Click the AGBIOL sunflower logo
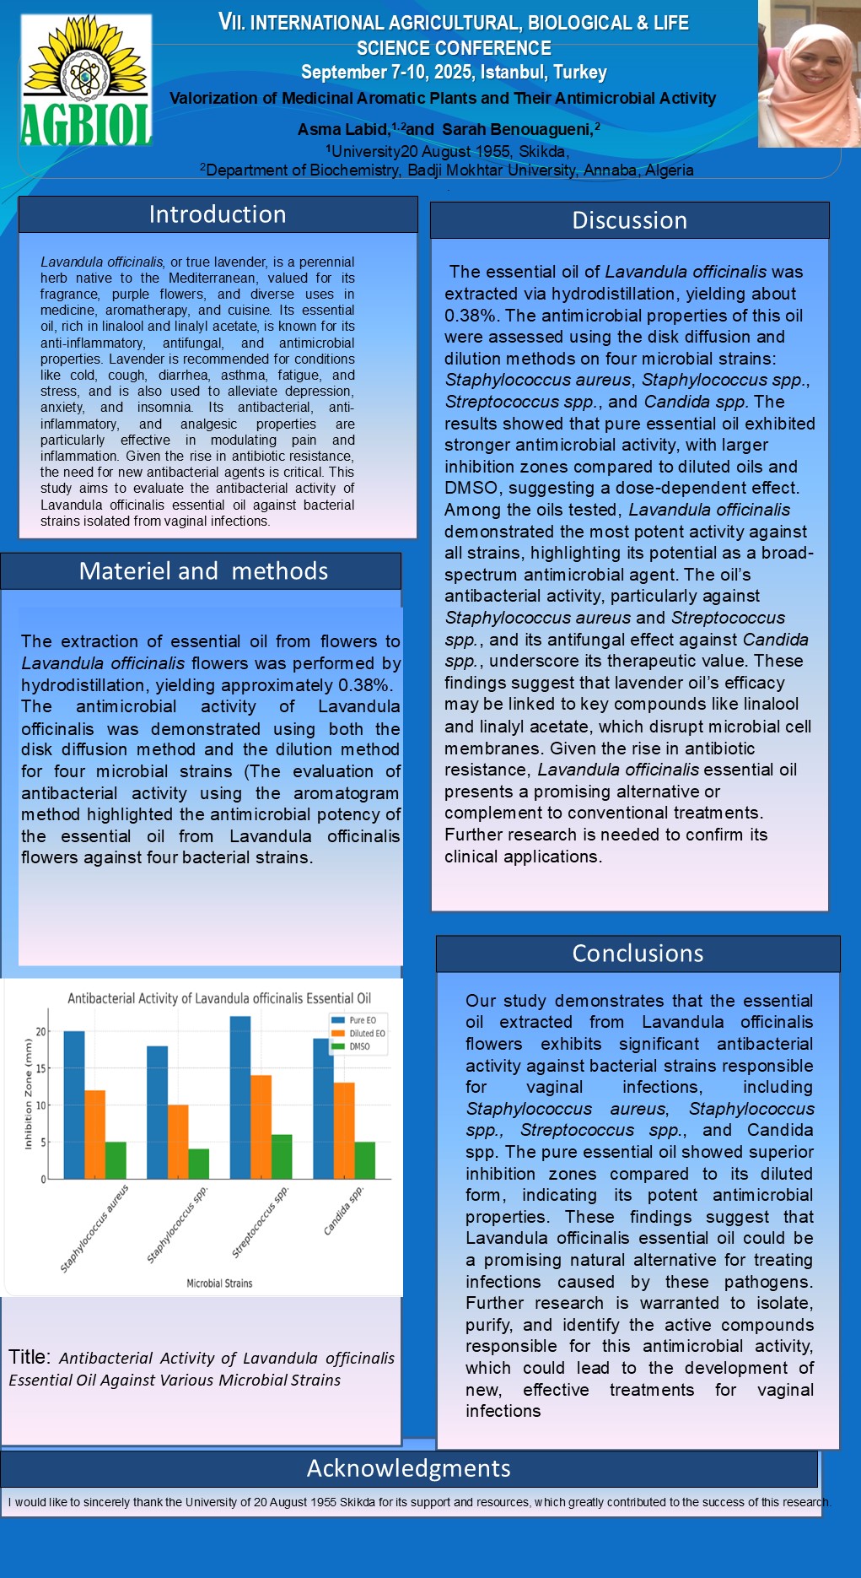coord(86,81)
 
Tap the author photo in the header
coord(809,74)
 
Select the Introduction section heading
coord(218,214)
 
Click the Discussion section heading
coord(629,220)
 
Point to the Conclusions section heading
coord(638,954)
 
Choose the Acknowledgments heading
coord(408,1468)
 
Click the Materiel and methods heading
coord(203,571)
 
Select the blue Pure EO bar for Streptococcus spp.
coord(240,1097)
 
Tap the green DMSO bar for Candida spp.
coord(364,1160)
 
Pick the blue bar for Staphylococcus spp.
coord(158,1112)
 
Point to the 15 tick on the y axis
coord(40,1068)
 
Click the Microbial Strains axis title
coord(219,1283)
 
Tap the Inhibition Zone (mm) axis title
coord(28,1094)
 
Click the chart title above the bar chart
coord(219,998)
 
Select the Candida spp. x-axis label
coord(344,1211)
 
